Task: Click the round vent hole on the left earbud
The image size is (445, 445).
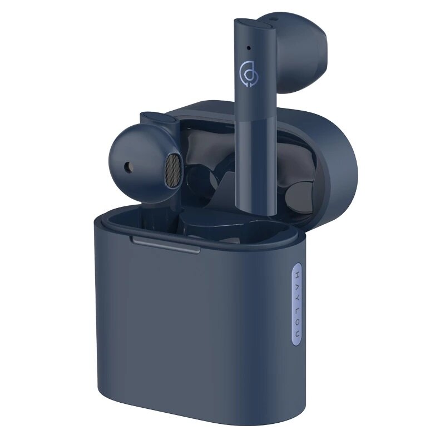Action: pos(130,166)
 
